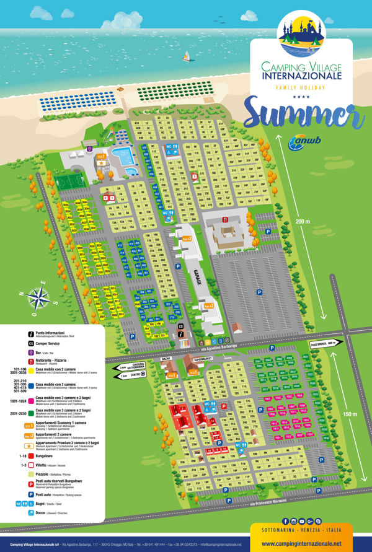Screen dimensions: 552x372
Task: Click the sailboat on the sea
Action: pos(185,56)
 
